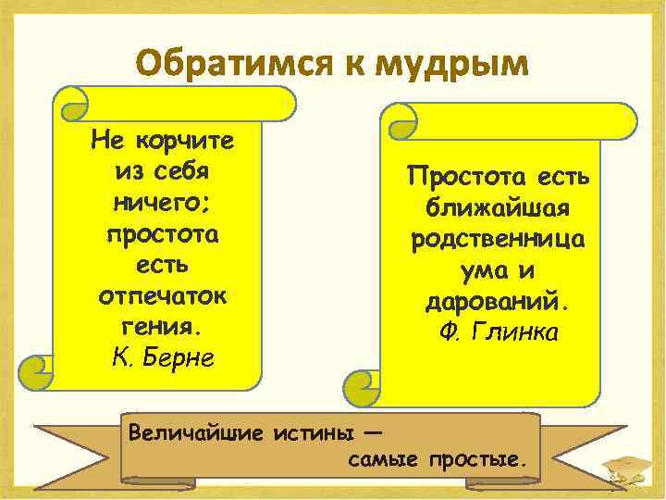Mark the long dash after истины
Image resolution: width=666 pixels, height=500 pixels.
[369, 431]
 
